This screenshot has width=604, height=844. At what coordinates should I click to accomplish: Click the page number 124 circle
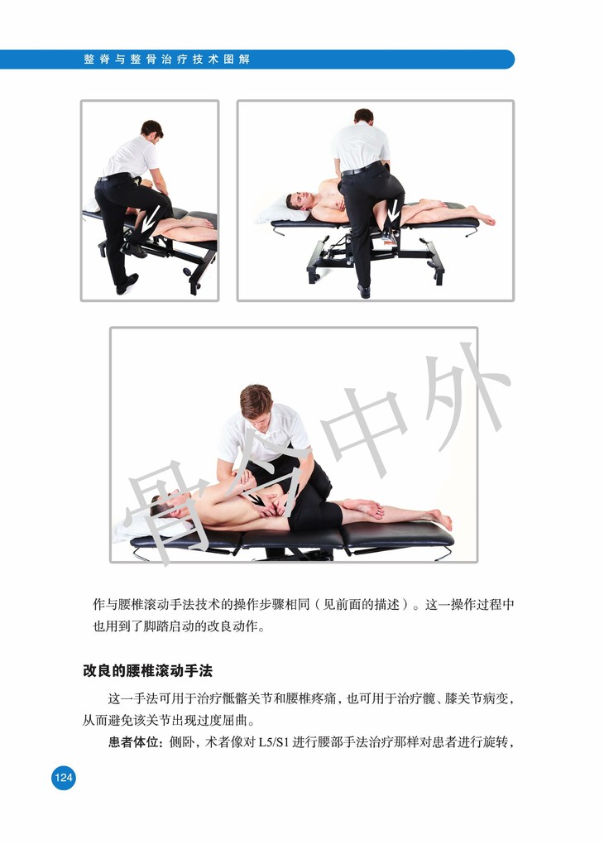click(64, 777)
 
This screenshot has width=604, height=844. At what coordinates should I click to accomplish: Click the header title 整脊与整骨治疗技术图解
click(167, 60)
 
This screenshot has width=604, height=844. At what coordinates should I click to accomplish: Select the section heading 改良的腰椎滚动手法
click(147, 671)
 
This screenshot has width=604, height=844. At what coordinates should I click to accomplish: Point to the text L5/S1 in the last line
click(274, 743)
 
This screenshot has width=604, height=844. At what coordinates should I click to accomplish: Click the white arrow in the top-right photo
click(394, 211)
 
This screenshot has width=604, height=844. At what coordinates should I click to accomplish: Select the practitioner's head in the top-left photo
click(151, 130)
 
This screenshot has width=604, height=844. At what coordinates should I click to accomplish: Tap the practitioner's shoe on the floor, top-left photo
click(127, 283)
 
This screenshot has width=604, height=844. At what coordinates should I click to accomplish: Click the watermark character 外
click(460, 395)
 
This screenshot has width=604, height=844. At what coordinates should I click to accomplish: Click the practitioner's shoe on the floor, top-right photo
click(364, 290)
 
